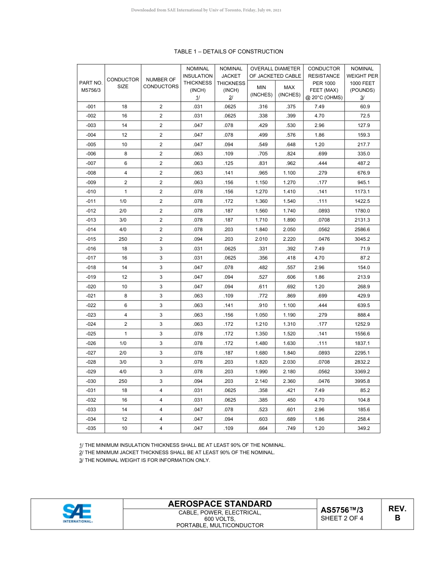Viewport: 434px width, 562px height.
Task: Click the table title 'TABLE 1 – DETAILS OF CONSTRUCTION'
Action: pyautogui.click(x=228, y=52)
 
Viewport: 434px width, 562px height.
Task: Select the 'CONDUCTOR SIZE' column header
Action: pyautogui.click(x=122, y=83)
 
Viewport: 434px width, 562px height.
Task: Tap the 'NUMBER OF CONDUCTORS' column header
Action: pyautogui.click(x=161, y=83)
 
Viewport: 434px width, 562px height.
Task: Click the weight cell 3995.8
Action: pyautogui.click(x=362, y=381)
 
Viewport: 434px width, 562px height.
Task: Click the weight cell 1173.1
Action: pyautogui.click(x=362, y=191)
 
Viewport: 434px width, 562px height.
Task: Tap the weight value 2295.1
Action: pyautogui.click(x=362, y=353)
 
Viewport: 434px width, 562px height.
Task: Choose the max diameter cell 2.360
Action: pyautogui.click(x=289, y=381)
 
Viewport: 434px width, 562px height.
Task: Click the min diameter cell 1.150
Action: pyautogui.click(x=261, y=182)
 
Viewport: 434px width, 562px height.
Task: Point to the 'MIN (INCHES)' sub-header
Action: pyautogui.click(x=261, y=90)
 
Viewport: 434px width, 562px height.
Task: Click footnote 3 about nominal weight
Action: pyautogui.click(x=144, y=460)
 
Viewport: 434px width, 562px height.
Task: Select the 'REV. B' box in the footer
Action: pyautogui.click(x=397, y=514)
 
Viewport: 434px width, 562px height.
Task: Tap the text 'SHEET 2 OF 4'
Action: pyautogui.click(x=342, y=518)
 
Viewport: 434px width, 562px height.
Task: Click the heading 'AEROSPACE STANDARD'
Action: pyautogui.click(x=220, y=504)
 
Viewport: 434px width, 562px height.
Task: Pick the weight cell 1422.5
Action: pyautogui.click(x=362, y=201)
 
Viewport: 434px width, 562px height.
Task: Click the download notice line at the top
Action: pyautogui.click(x=206, y=10)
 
